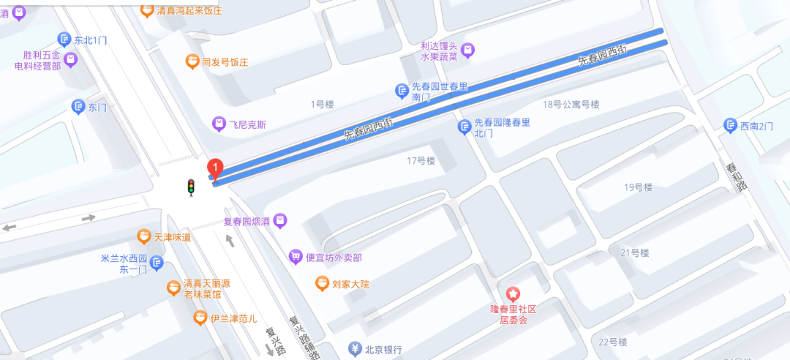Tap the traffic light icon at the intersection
(192, 188)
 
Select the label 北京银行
(384, 349)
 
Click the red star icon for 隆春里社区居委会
(514, 293)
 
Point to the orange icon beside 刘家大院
(322, 282)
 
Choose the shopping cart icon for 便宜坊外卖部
(296, 256)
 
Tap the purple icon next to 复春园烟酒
(279, 220)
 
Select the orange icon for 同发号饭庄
(192, 61)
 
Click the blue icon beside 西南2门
(730, 125)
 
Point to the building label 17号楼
(421, 160)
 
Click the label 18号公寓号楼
(571, 104)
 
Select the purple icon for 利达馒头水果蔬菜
(468, 50)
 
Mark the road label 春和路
(735, 176)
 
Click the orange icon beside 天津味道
(144, 236)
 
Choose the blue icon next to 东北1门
(64, 40)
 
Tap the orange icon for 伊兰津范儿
(200, 318)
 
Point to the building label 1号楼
(322, 104)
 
